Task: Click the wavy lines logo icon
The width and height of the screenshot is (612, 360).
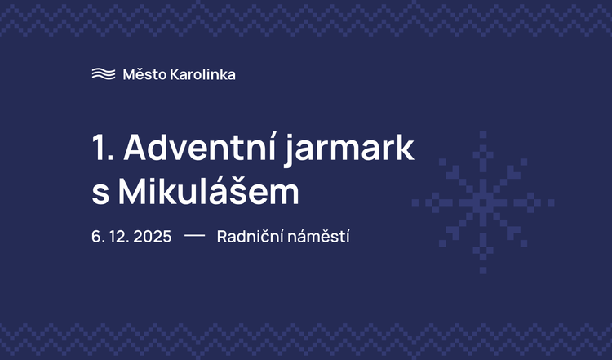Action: click(104, 74)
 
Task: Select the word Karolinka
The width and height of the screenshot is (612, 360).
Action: click(202, 74)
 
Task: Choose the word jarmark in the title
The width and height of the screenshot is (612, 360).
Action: click(366, 152)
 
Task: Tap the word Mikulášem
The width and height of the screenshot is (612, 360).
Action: click(209, 191)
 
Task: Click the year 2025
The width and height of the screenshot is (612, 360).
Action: click(151, 238)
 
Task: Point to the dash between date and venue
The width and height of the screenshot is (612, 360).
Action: click(194, 237)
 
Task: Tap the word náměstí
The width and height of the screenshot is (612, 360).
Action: click(317, 238)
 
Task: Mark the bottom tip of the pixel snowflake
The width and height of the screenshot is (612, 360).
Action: click(483, 270)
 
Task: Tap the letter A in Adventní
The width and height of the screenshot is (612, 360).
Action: click(136, 150)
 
